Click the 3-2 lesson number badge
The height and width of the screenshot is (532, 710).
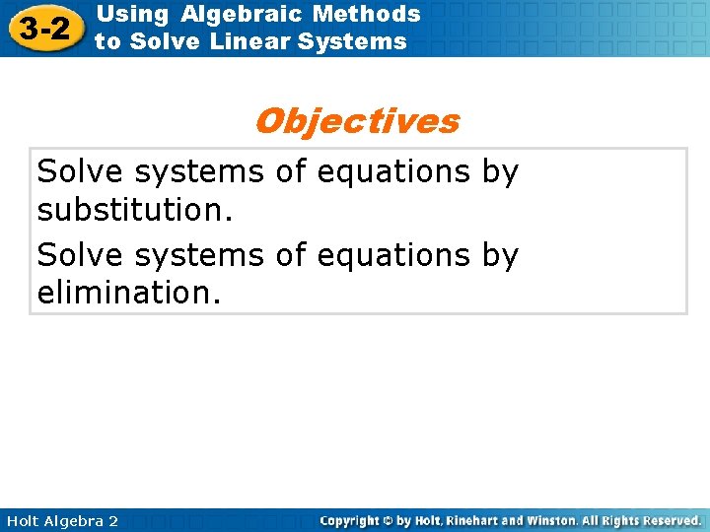[x=43, y=29]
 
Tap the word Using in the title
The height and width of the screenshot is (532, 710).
[x=132, y=14]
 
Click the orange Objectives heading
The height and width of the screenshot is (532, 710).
[x=356, y=121]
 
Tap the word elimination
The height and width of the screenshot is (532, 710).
[x=128, y=292]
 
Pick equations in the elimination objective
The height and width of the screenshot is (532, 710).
[x=393, y=255]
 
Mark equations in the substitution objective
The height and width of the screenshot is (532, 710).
[x=393, y=171]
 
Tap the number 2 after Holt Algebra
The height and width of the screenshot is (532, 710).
[x=113, y=520]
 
